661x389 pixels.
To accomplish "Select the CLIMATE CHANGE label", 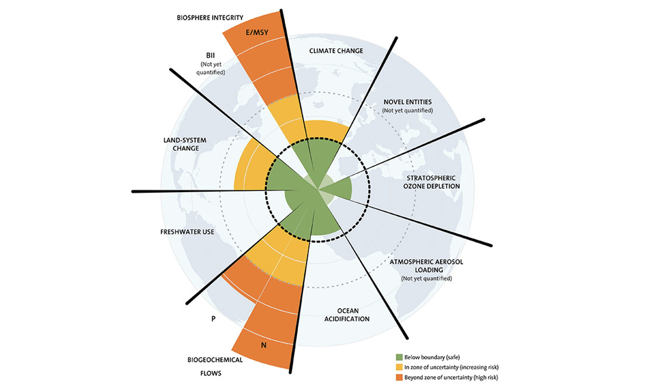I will (x=336, y=50).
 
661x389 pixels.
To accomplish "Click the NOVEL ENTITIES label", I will (x=407, y=102).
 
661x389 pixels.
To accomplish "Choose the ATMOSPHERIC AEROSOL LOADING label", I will (x=426, y=266).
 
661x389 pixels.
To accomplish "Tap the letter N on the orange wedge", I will (x=264, y=345).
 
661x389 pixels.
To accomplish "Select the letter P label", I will (x=213, y=318).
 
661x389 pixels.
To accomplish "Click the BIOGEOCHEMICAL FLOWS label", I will (x=215, y=366).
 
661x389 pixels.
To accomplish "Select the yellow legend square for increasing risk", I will (x=399, y=367).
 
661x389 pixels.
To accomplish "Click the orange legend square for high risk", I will (x=399, y=377).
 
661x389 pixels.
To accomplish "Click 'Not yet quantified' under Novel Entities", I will (x=407, y=110).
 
